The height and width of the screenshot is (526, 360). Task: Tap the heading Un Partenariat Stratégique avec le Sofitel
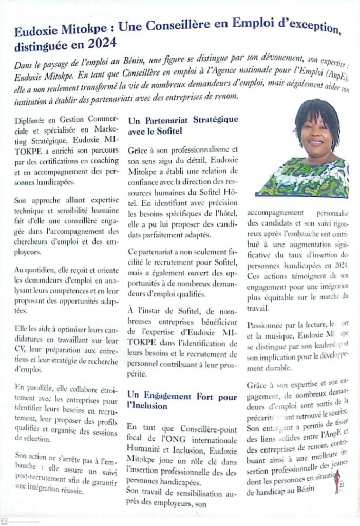coord(183,125)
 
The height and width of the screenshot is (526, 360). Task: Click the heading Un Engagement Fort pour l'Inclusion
coord(183,401)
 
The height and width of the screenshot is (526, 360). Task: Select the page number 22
coord(342,484)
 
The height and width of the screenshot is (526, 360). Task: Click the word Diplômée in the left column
coord(35,121)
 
